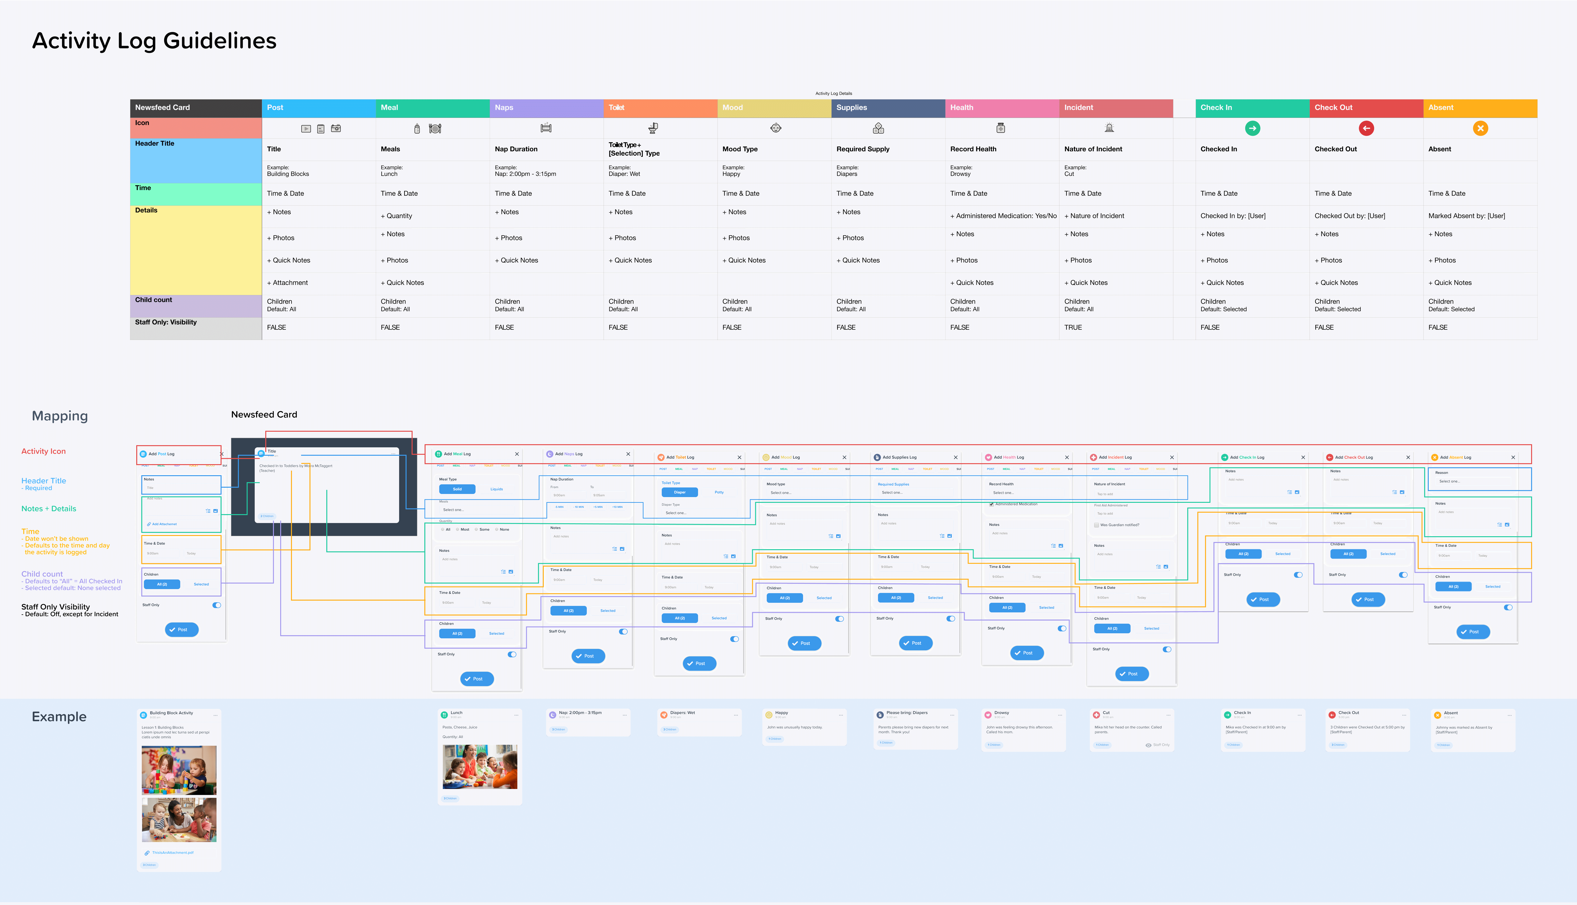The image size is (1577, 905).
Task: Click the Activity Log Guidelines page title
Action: (x=154, y=41)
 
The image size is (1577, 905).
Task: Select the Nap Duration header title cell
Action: (x=516, y=149)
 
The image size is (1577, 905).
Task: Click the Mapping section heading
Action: (x=60, y=416)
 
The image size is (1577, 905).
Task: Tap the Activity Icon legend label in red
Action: (x=43, y=451)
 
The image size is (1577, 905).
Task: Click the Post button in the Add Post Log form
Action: (x=181, y=630)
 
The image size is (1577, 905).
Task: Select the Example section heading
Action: (x=59, y=717)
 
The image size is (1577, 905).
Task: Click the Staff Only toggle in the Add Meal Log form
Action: (x=512, y=654)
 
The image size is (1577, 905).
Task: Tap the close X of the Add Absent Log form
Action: (x=1513, y=457)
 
